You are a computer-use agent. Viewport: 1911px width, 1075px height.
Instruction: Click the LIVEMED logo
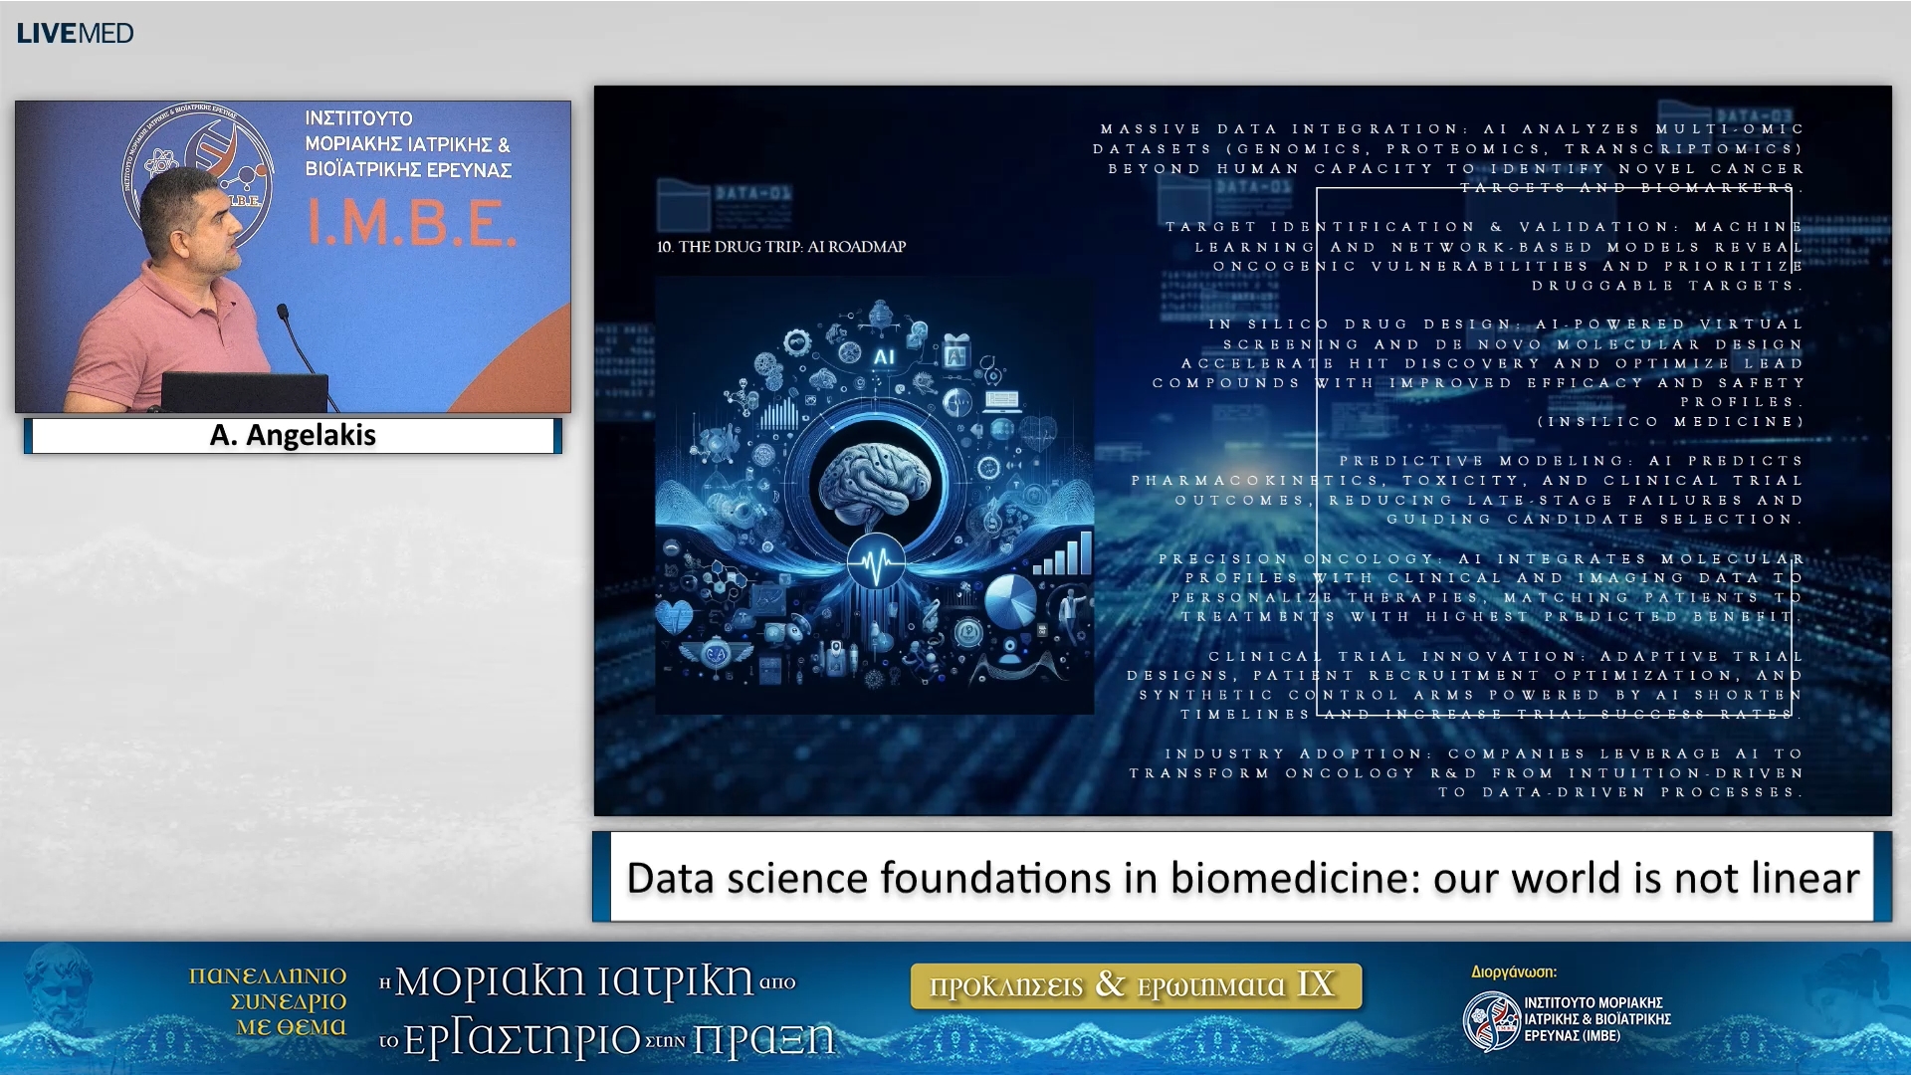pos(75,33)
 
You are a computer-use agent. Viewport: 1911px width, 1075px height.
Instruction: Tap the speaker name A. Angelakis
pos(293,435)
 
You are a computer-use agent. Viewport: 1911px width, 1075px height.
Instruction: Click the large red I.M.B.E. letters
pos(410,223)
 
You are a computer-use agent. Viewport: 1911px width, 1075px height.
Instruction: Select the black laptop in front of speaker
pos(244,391)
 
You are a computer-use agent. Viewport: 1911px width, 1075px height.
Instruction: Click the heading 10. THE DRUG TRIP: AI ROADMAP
pos(781,247)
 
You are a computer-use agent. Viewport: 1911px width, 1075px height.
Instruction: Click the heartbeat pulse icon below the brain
pos(876,564)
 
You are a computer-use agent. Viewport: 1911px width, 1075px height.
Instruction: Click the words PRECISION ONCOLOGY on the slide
pos(1294,559)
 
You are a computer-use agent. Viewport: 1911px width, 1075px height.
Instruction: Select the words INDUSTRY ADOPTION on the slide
pos(1294,754)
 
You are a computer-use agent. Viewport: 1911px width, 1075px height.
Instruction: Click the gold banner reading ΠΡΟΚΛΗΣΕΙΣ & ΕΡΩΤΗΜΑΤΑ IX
pos(1135,985)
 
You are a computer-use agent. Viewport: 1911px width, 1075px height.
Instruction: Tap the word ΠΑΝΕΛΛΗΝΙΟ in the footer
pos(268,975)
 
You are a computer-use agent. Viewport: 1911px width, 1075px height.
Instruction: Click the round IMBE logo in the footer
pos(1490,1020)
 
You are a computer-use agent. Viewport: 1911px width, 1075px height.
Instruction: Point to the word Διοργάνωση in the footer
pos(1513,972)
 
